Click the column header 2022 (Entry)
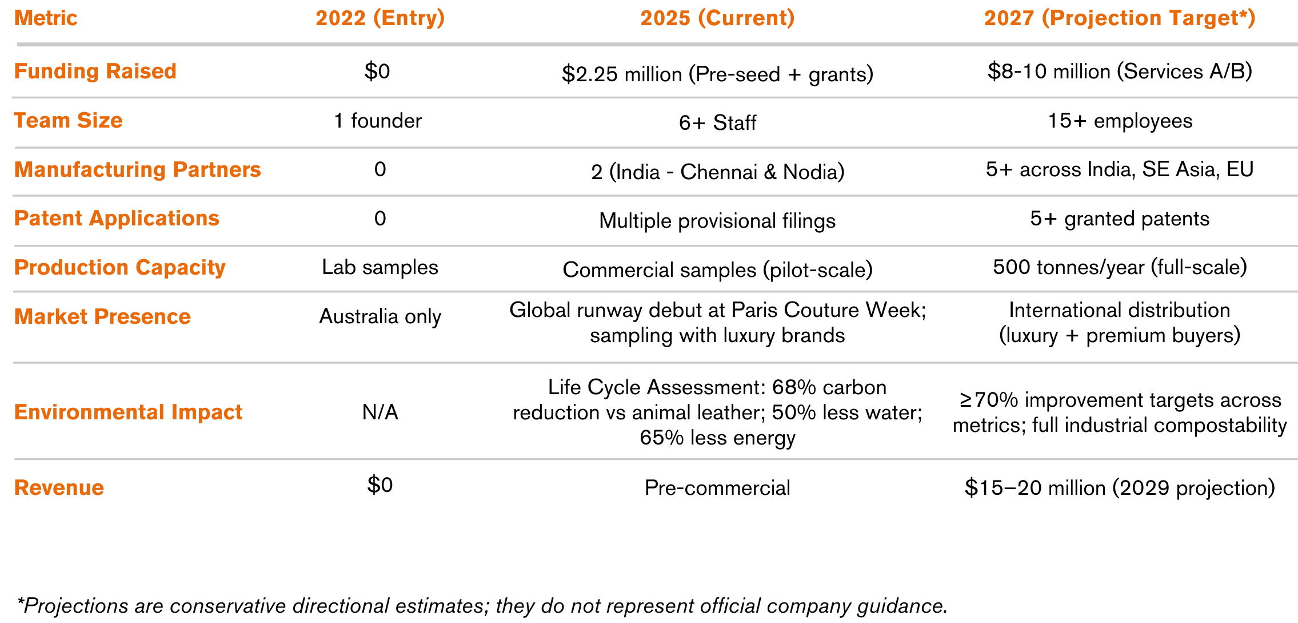380,18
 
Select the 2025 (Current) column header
717,18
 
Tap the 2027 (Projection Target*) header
1119,18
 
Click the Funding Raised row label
95,72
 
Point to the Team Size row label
69,121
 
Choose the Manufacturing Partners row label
137,170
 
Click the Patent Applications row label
117,219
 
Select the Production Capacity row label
119,268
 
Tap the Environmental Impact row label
128,412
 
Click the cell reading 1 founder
378,121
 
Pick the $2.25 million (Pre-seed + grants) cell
717,74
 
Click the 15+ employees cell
1120,121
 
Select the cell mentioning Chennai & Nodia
717,172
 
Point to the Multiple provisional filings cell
717,221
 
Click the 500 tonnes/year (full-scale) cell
1120,267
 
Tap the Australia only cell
380,316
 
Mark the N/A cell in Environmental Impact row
380,412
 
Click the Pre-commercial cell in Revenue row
717,488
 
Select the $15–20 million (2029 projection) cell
1120,488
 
